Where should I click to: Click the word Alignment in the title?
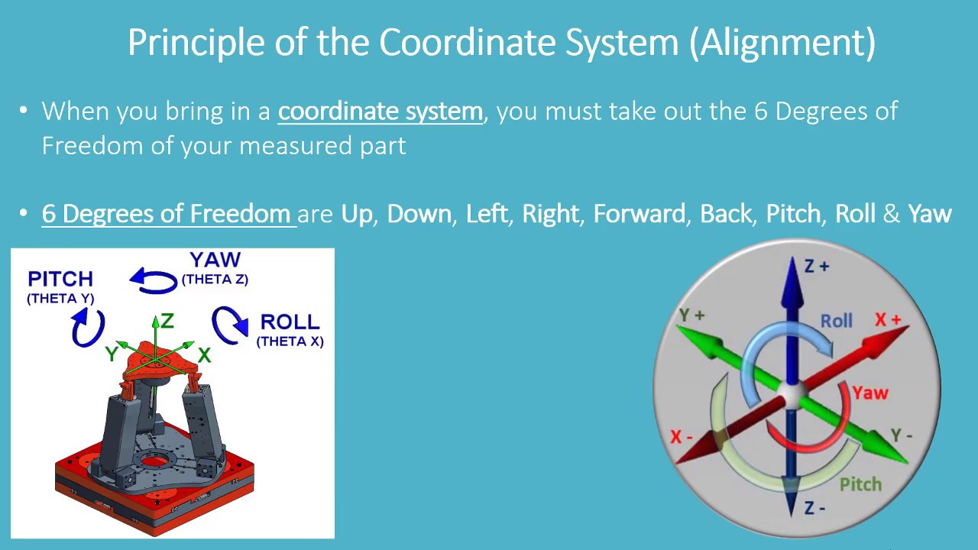782,43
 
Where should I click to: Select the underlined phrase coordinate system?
380,112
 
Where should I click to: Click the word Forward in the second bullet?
639,213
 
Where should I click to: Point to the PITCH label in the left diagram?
60,279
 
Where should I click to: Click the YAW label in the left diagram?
215,260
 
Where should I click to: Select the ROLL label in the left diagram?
290,322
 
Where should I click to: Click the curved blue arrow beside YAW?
154,280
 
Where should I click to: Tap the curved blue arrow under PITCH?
87,328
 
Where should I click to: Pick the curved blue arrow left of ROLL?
230,325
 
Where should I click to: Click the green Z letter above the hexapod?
167,321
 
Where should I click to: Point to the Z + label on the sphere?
817,267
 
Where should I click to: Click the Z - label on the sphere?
814,508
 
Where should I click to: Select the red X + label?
888,320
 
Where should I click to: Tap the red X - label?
682,437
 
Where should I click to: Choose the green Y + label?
692,315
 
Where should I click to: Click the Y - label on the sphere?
902,435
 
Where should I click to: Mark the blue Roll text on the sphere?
837,321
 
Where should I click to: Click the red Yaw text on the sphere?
870,393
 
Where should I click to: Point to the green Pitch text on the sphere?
860,484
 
